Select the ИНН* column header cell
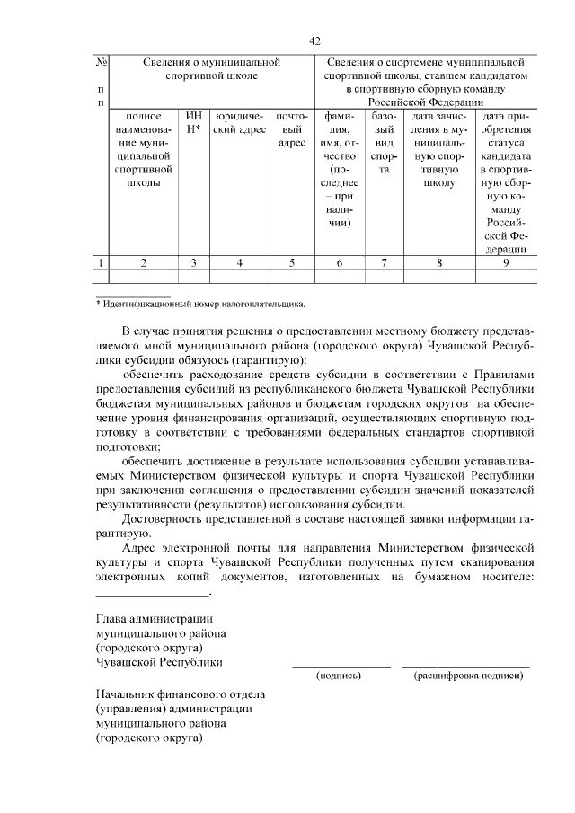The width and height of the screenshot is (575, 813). (194, 122)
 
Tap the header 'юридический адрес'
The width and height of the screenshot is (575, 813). (239, 122)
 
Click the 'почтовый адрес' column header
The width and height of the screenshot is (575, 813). (292, 129)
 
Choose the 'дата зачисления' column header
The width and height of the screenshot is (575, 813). (439, 149)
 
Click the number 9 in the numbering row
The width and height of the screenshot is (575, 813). (506, 262)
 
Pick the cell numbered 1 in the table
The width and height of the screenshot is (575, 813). (102, 262)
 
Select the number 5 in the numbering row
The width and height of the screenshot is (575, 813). (292, 262)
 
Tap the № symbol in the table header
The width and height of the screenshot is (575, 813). (102, 62)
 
